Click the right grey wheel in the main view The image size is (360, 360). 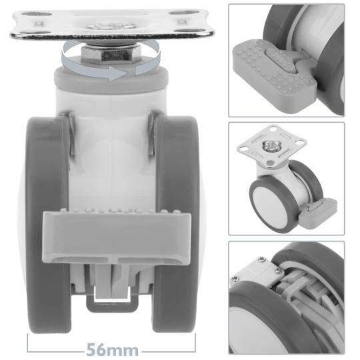(176, 220)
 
